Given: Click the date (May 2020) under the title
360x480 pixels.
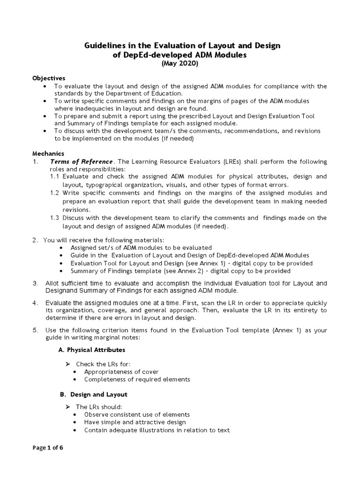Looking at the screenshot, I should pyautogui.click(x=180, y=64).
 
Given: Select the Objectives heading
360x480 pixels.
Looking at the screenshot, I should pyautogui.click(x=49, y=78).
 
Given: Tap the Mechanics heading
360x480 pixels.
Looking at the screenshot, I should pyautogui.click(x=48, y=153).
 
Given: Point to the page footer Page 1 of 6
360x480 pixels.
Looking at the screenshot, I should pyautogui.click(x=47, y=447).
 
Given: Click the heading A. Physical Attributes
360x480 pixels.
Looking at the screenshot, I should pyautogui.click(x=91, y=350).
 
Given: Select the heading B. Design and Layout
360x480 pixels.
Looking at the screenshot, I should pyautogui.click(x=92, y=394).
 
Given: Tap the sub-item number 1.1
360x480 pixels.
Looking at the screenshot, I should pyautogui.click(x=55, y=177).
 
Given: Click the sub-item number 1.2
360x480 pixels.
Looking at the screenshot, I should pyautogui.click(x=55, y=193).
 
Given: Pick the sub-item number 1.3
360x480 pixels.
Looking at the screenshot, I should pyautogui.click(x=55, y=218).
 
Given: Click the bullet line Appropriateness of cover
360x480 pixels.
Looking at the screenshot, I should pyautogui.click(x=121, y=372).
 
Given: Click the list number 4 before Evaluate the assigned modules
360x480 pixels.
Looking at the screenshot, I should pyautogui.click(x=35, y=302).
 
